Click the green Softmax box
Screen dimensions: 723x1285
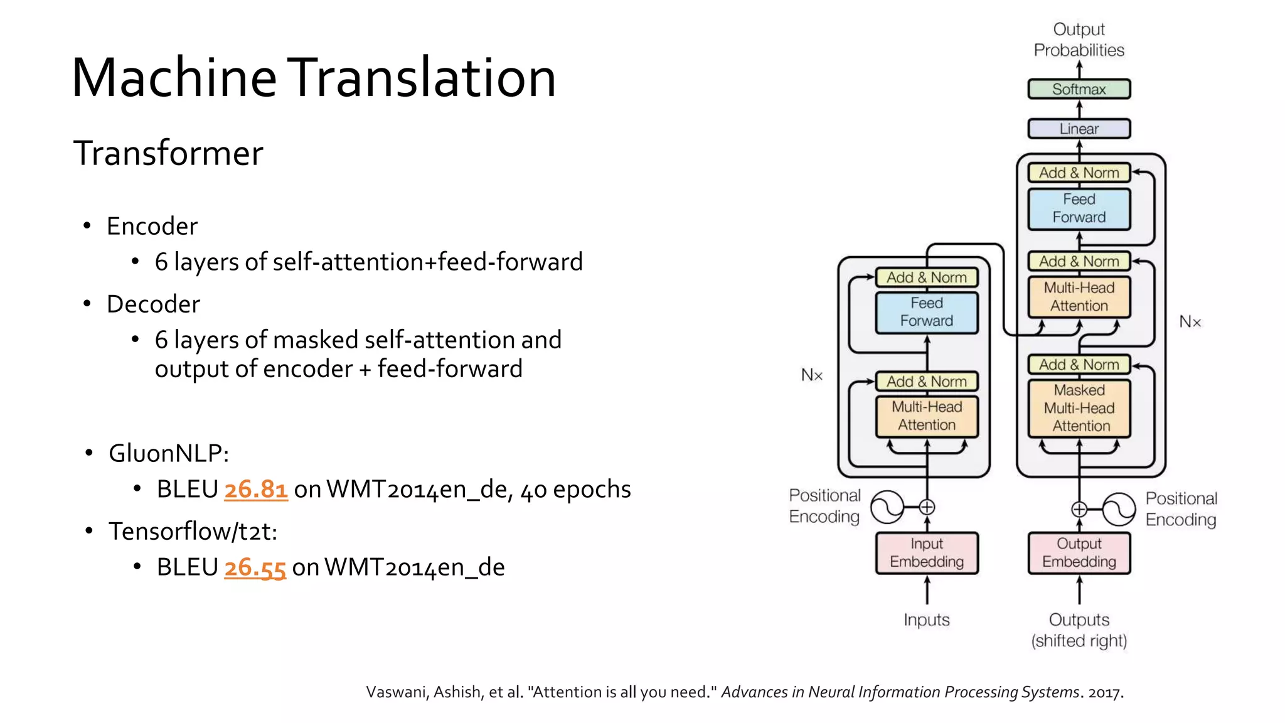point(1079,89)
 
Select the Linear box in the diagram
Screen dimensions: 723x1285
point(1079,129)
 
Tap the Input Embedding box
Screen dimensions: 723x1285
point(927,553)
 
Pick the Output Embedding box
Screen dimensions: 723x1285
point(1079,553)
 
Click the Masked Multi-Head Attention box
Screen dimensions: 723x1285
point(1079,408)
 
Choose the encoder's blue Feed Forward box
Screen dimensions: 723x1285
point(927,312)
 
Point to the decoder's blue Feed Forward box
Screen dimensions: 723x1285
point(1079,208)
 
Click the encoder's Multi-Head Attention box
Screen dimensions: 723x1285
point(927,415)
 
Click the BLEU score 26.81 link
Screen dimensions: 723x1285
point(256,490)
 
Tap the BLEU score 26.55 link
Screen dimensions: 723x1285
point(255,567)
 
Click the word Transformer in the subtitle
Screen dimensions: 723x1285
point(168,153)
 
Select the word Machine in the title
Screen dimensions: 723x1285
point(174,78)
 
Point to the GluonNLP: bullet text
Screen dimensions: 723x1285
point(169,453)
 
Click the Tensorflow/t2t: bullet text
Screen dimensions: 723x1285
point(193,532)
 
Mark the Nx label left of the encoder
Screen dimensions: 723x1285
point(811,375)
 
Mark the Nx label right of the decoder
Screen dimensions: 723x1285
point(1190,322)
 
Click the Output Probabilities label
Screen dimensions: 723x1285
point(1079,40)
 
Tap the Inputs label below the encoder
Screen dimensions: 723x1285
point(926,620)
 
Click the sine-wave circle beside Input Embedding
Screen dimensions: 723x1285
point(887,507)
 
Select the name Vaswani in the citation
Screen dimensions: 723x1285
point(397,692)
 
